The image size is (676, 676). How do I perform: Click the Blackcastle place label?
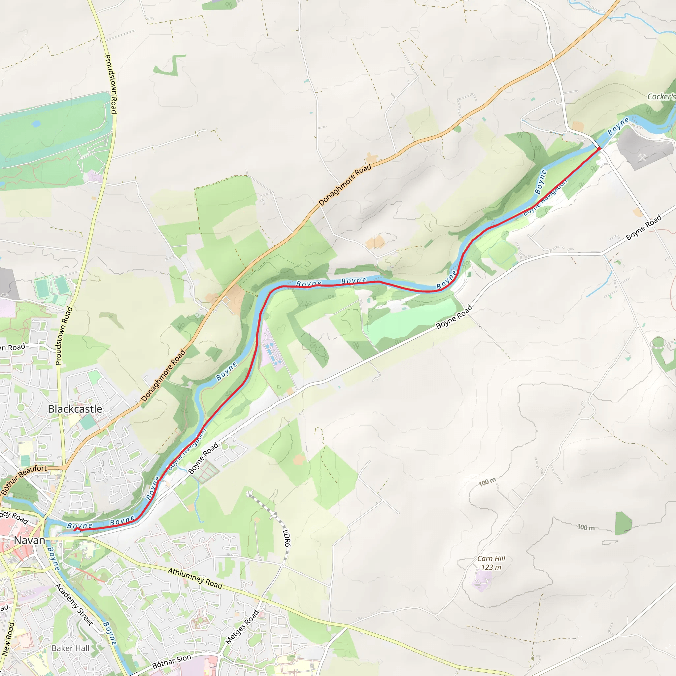tap(75, 409)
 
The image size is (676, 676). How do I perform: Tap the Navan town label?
tap(29, 540)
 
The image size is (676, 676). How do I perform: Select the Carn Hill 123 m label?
tap(491, 563)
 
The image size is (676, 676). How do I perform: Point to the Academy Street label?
tap(74, 605)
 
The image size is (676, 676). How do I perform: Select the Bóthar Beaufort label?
tap(24, 480)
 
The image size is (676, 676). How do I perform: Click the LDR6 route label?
tap(287, 538)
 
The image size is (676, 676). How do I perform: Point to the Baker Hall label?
tap(70, 648)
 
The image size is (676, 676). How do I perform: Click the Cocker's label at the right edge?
tap(660, 97)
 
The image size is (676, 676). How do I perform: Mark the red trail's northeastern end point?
tap(599, 149)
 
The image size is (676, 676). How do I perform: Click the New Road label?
tap(8, 639)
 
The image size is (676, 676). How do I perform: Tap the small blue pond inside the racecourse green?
tap(36, 123)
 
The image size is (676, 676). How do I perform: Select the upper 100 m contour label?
tap(487, 482)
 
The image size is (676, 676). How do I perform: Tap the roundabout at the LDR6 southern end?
tap(282, 565)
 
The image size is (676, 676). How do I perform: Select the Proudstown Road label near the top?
tap(111, 84)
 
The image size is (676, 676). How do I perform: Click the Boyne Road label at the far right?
tap(643, 227)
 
